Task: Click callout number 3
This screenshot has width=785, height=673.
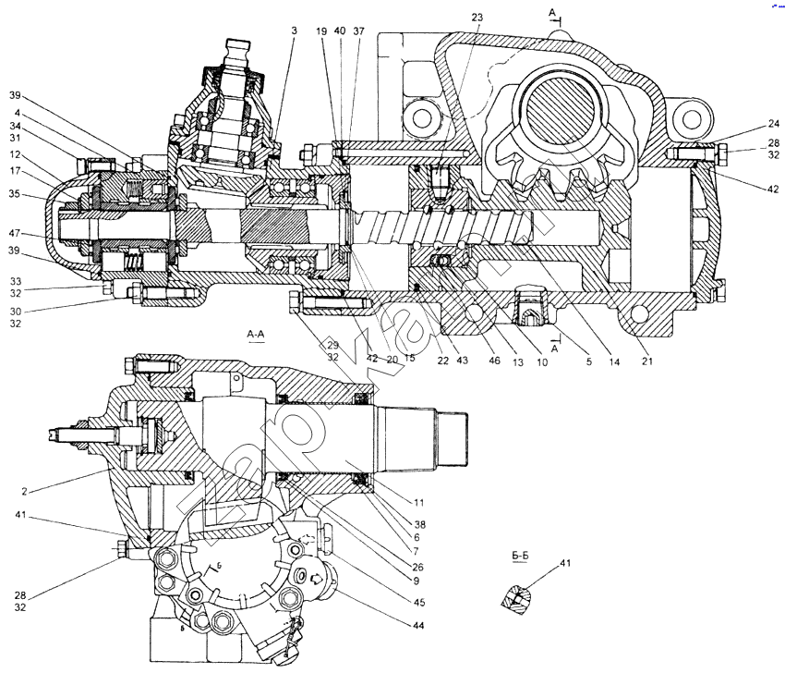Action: point(294,31)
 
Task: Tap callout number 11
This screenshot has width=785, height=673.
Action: point(418,504)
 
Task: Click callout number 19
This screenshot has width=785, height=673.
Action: point(321,31)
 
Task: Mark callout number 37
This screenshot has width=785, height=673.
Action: point(358,31)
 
